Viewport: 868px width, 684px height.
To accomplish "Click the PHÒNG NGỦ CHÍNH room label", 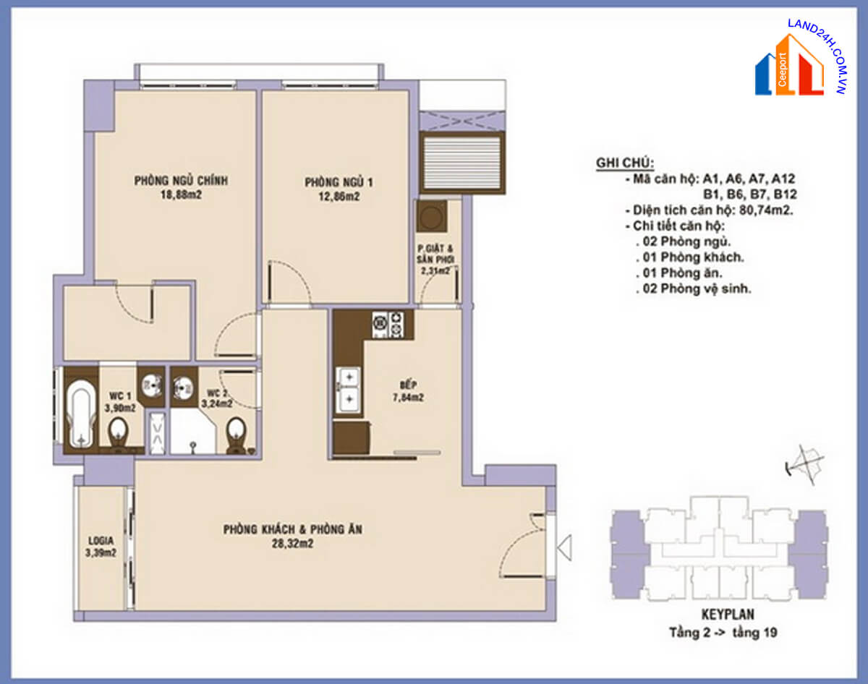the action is click(181, 180).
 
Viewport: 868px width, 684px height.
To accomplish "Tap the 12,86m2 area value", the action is click(339, 197).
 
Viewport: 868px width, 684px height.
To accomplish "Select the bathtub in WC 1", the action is click(81, 414).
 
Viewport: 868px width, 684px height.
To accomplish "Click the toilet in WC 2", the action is click(236, 435).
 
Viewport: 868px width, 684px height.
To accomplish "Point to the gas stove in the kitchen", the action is click(388, 325).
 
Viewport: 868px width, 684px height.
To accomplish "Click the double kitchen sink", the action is click(349, 390).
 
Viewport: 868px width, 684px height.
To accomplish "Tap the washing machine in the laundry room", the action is click(432, 217).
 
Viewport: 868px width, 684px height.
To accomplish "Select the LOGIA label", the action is click(101, 540).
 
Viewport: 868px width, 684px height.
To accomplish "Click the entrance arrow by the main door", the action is click(565, 547).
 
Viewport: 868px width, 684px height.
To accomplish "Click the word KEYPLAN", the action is click(728, 615).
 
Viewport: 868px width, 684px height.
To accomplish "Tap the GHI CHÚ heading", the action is click(625, 163).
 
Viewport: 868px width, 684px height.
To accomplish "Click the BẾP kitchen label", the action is click(408, 385).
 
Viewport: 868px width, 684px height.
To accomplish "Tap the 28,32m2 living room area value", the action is click(292, 544).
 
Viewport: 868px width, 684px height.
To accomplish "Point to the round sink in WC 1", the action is click(152, 385).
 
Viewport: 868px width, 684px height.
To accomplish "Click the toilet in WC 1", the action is click(118, 434).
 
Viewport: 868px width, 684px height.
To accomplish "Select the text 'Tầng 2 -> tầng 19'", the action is click(723, 633).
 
